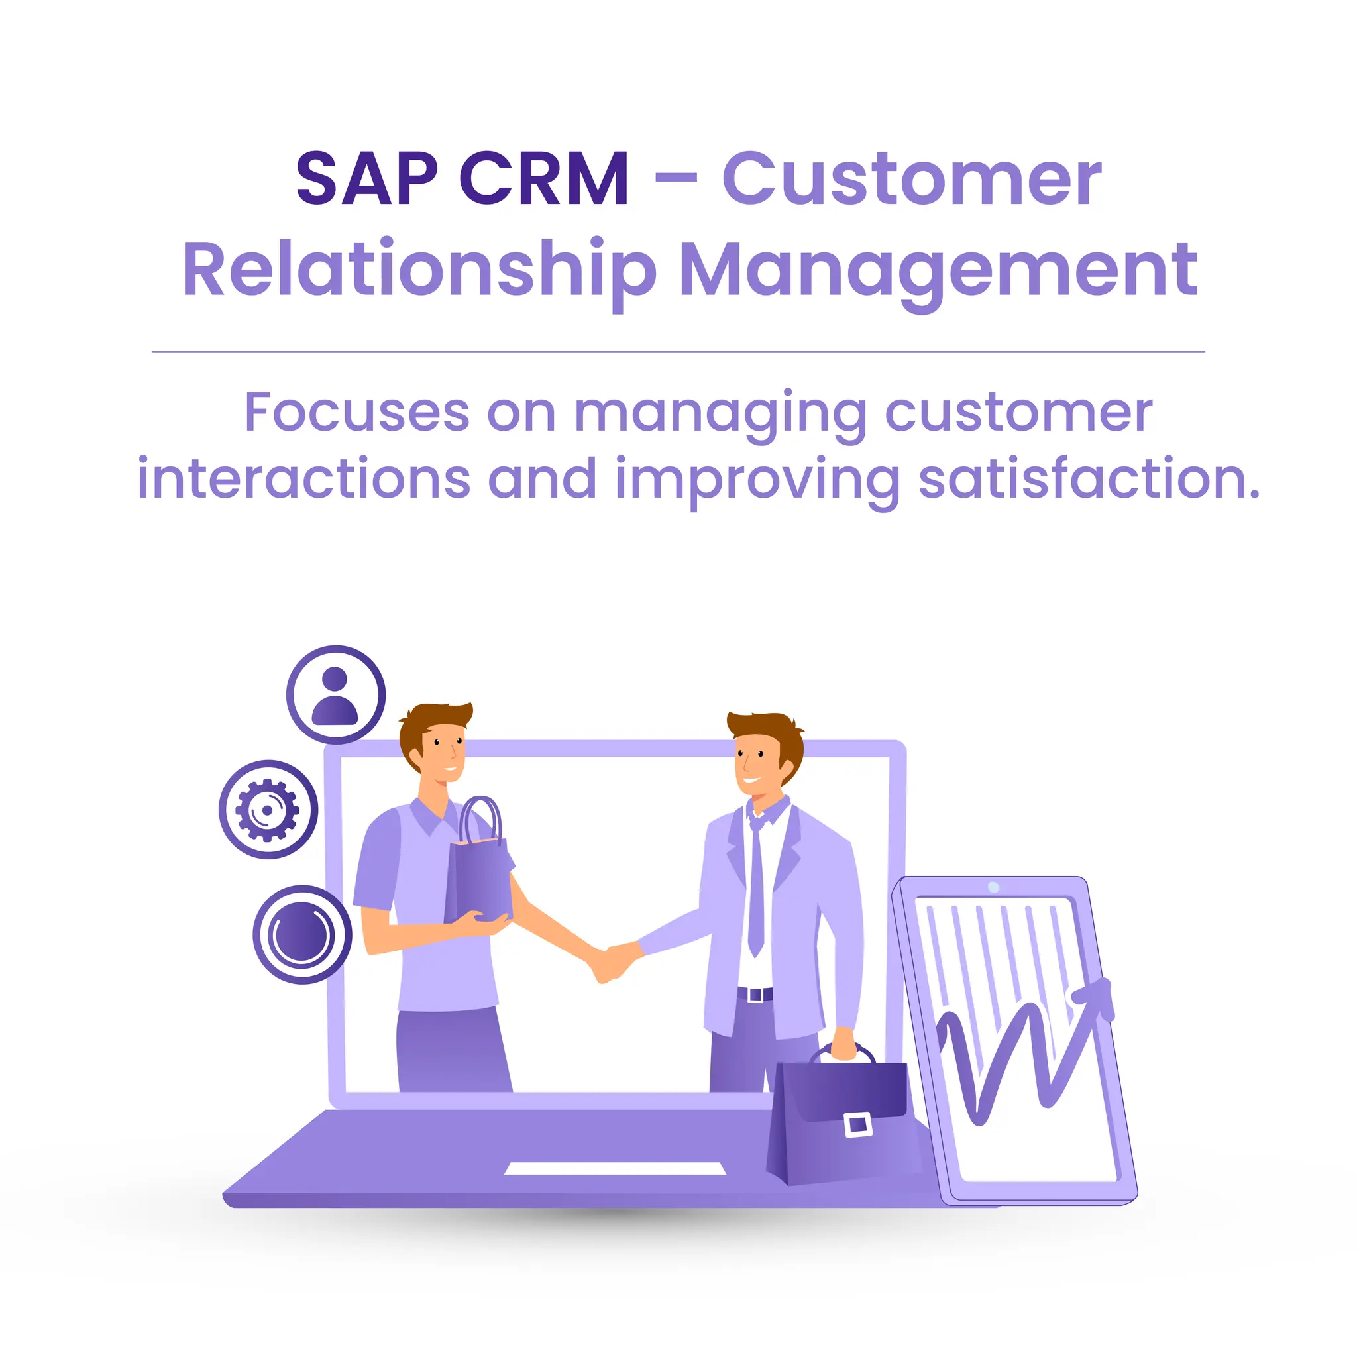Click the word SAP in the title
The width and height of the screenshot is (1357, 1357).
point(366,180)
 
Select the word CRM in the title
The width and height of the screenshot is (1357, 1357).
point(545,180)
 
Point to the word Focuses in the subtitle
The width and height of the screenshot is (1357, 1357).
point(357,413)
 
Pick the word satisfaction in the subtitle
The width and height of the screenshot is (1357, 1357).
point(1089,479)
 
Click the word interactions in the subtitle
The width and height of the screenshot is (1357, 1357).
point(303,479)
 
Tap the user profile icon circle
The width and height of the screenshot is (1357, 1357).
point(336,694)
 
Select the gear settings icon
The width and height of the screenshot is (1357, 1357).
point(268,810)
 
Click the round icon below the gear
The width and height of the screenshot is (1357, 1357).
point(302,934)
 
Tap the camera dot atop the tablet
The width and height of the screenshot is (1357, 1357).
point(993,887)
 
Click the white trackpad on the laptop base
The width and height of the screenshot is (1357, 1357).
point(616,1168)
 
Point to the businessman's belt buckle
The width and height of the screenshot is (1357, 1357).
point(755,995)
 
